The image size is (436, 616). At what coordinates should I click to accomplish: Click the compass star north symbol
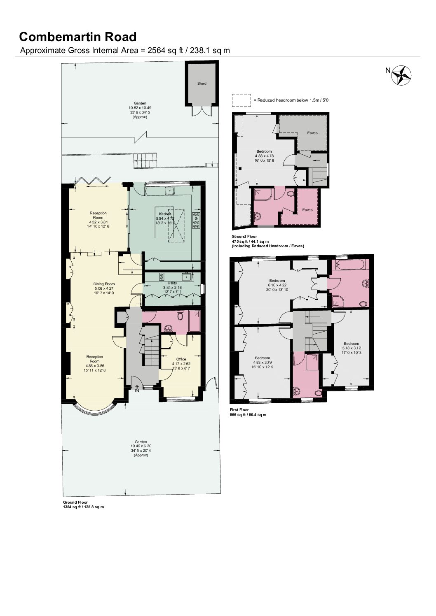tap(401, 75)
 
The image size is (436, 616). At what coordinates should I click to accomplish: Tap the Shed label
tap(202, 83)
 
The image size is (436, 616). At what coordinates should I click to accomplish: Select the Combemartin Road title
tap(77, 37)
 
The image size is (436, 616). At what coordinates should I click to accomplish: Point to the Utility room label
tap(172, 283)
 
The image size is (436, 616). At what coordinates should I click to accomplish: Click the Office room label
tap(181, 359)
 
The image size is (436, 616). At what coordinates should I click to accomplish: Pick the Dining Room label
tap(104, 284)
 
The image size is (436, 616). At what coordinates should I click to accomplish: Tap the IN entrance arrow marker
tap(137, 388)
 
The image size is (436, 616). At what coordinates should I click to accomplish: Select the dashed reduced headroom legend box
tap(241, 100)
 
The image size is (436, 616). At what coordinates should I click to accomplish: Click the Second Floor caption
tap(244, 237)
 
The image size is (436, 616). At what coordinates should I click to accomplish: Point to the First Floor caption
tap(239, 410)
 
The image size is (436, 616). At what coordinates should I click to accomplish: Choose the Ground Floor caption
tap(75, 502)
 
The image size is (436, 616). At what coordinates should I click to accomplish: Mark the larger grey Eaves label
tap(312, 133)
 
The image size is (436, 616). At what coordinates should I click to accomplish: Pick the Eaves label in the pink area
tap(307, 210)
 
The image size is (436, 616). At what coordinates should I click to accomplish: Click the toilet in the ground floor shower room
tap(180, 316)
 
